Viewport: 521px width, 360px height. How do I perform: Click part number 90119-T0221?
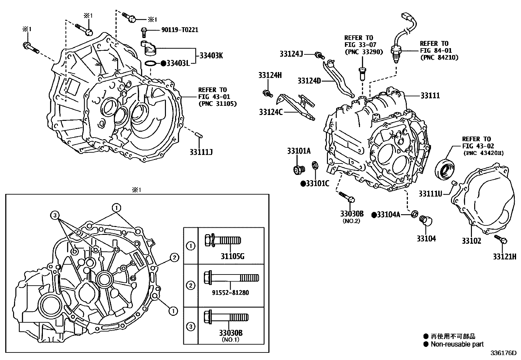tap(180, 30)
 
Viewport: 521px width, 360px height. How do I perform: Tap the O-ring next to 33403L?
tap(150, 63)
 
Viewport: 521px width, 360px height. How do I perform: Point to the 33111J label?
tap(201, 152)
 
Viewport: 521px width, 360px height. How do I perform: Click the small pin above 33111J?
tap(199, 135)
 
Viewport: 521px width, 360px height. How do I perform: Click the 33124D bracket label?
tap(309, 81)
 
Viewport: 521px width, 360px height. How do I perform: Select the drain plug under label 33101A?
tap(298, 170)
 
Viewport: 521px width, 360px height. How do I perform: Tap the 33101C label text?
tap(317, 183)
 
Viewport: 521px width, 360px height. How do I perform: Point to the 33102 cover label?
tap(471, 241)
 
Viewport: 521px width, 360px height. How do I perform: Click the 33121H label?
tap(504, 256)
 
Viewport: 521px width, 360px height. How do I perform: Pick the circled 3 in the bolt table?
tap(190, 327)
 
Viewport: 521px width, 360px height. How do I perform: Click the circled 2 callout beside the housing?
tap(174, 258)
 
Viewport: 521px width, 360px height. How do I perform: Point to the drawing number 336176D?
tap(503, 353)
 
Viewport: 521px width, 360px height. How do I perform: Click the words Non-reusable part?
tap(457, 344)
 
